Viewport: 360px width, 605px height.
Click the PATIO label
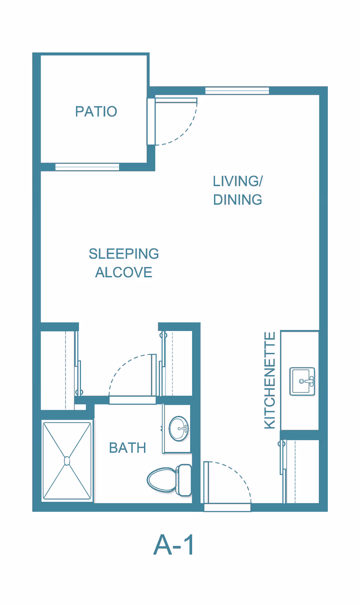pos(96,111)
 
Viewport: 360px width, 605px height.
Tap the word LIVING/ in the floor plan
pos(238,181)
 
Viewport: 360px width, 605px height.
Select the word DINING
pos(237,199)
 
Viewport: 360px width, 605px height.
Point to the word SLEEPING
pos(124,254)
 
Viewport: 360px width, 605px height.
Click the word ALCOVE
pos(124,272)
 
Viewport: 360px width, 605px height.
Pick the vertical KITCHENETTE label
pos(270,380)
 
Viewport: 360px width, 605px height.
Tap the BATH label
pos(127,448)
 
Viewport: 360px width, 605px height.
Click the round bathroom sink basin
pos(178,428)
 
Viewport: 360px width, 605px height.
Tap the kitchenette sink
pos(302,381)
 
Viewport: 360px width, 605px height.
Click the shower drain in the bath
pos(67,461)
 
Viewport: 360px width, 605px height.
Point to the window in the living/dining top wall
pos(237,90)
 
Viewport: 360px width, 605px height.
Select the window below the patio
pos(87,167)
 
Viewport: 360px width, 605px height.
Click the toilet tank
pos(184,480)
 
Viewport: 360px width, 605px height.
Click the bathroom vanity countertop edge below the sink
pos(177,452)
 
